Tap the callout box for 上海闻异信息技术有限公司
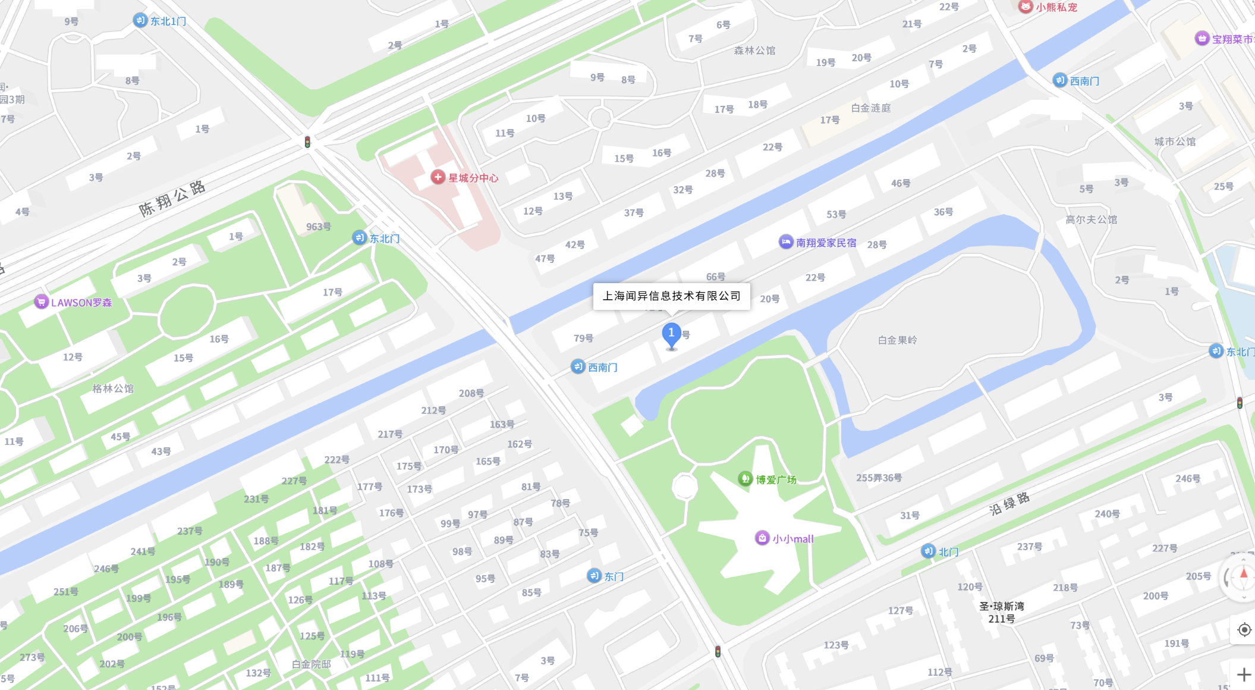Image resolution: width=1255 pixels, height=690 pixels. click(671, 296)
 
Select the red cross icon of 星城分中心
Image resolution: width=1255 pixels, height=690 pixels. click(438, 177)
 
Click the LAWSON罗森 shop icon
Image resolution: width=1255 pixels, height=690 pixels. click(41, 302)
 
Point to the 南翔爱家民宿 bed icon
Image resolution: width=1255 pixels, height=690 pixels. click(786, 242)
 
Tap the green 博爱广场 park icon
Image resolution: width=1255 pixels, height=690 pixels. click(745, 479)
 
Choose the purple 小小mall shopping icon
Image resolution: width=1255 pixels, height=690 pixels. click(762, 538)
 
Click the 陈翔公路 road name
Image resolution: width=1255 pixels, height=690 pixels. click(172, 199)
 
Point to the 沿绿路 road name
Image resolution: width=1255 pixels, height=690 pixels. click(1009, 504)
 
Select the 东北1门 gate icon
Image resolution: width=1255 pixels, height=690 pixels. click(140, 21)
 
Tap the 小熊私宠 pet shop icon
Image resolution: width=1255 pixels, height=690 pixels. click(1026, 7)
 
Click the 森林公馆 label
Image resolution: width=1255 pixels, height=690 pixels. click(754, 51)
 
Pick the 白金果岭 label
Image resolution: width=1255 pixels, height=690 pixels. click(897, 340)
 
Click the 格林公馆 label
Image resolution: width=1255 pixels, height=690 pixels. click(113, 388)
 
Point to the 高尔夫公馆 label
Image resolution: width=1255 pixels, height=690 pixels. click(1091, 219)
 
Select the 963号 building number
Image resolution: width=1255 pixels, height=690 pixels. click(319, 227)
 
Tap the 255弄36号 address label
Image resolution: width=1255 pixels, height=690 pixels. click(879, 478)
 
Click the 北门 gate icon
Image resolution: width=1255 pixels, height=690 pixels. click(928, 551)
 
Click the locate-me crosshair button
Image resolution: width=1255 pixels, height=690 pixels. click(1244, 629)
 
